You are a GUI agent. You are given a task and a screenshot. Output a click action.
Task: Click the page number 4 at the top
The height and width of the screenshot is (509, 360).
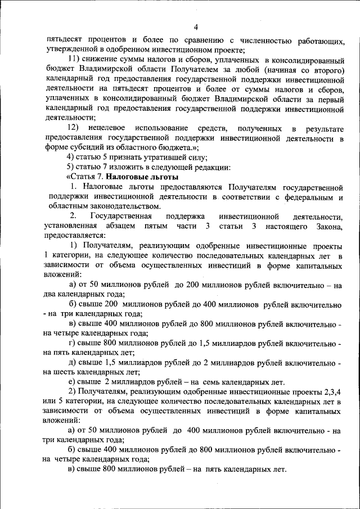pos(196,27)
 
